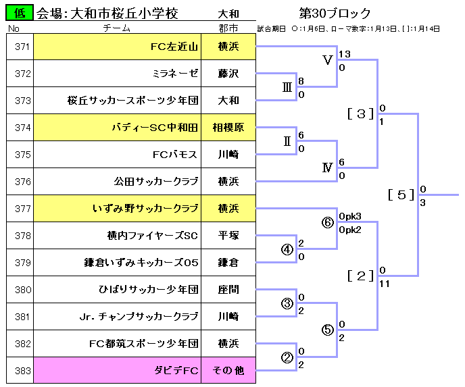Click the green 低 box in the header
pyautogui.click(x=20, y=13)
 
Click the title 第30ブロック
pyautogui.click(x=336, y=13)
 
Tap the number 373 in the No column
pyautogui.click(x=22, y=101)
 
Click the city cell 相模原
pyautogui.click(x=228, y=128)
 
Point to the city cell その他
pyautogui.click(x=228, y=371)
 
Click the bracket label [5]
pyautogui.click(x=401, y=195)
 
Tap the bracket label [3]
pyautogui.click(x=360, y=113)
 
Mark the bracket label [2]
pyautogui.click(x=360, y=276)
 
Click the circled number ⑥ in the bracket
pyautogui.click(x=328, y=222)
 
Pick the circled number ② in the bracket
pyautogui.click(x=287, y=357)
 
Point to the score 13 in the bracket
pyautogui.click(x=345, y=54)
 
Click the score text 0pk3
pyautogui.click(x=350, y=216)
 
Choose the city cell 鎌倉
pyautogui.click(x=228, y=263)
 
